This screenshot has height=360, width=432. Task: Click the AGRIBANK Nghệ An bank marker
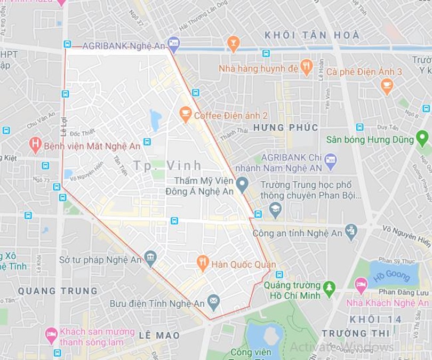coord(173,42)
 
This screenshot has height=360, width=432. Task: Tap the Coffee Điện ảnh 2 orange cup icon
coord(185,113)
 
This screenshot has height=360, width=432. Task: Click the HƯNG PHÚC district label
coord(285,127)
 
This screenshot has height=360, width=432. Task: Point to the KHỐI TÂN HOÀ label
coord(312,35)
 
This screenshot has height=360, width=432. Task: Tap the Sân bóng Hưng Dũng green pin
coord(422,138)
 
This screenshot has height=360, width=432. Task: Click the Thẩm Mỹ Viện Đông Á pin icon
coord(242,185)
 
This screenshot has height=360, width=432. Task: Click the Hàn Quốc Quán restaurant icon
coord(203,262)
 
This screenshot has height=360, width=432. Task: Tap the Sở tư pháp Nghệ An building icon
coord(150,258)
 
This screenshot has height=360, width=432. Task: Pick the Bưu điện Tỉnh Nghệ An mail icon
coord(213,302)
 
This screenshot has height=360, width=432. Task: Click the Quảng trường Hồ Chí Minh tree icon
coord(329,289)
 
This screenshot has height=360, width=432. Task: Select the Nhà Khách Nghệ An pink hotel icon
coord(361,284)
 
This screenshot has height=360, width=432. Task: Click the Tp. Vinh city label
coord(167,165)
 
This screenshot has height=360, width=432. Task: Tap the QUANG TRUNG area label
coord(58,291)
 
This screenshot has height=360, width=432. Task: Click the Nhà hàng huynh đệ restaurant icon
coord(306,67)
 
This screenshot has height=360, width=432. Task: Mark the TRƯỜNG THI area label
coord(348,333)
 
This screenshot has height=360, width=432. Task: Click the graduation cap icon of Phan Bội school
coord(275,209)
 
